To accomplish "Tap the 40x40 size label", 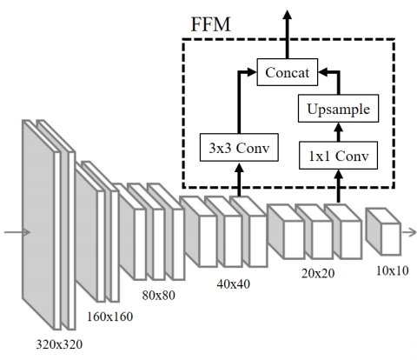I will [234, 283].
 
